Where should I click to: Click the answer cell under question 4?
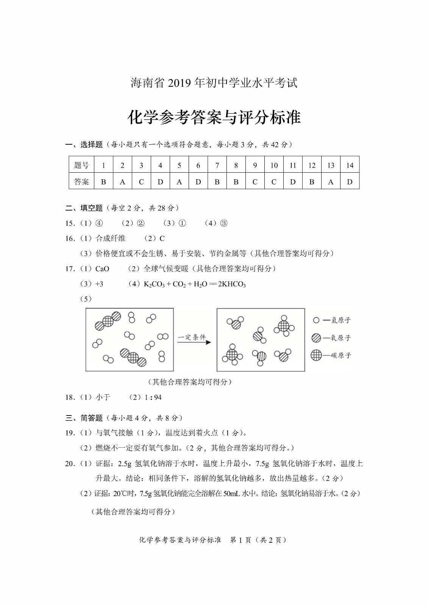(160, 182)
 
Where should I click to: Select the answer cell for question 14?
(350, 182)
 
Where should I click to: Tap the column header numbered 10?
(274, 165)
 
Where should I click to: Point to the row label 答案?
(81, 182)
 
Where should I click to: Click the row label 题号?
(81, 165)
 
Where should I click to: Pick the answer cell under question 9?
(255, 182)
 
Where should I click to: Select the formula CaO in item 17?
(102, 269)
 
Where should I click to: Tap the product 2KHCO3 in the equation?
(232, 284)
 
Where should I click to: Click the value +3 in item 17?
(99, 284)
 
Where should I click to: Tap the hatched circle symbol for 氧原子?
(316, 338)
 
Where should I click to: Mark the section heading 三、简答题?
(84, 418)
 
